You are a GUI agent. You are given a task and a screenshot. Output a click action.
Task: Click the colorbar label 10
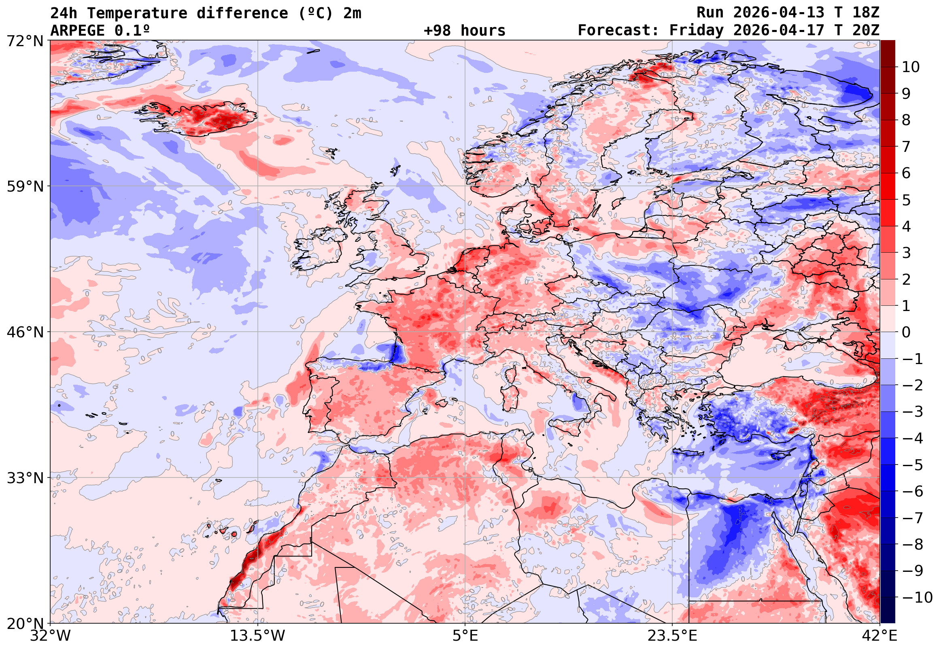911,67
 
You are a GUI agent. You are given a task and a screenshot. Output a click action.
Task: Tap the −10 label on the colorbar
918,598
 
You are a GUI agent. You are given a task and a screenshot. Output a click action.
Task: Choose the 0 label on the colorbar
906,332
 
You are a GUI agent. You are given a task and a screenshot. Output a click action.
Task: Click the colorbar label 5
906,200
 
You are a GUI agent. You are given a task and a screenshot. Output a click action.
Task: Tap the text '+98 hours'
464,30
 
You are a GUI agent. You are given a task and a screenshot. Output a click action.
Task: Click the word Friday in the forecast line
697,30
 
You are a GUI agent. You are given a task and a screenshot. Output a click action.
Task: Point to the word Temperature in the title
137,13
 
